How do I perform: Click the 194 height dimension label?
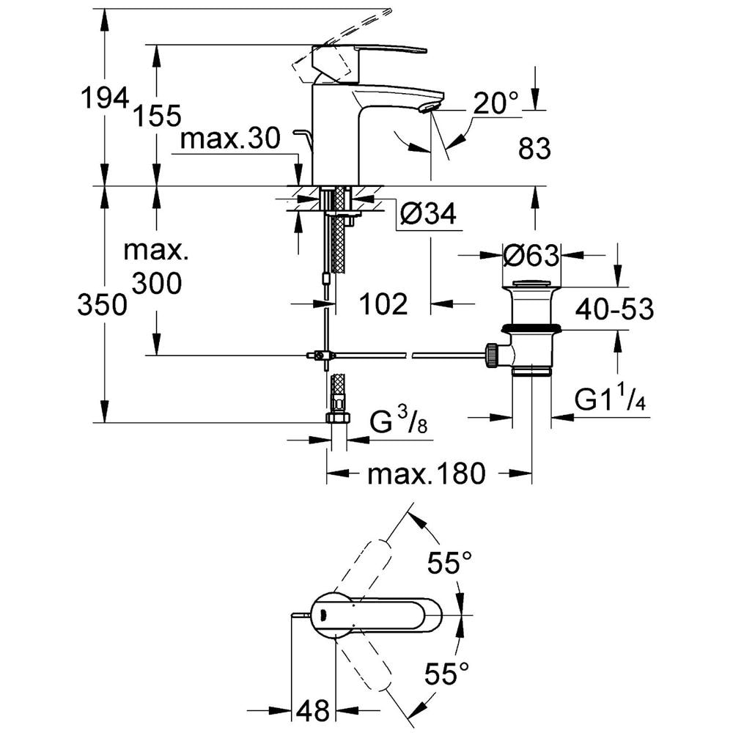click(x=103, y=97)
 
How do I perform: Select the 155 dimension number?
click(x=156, y=115)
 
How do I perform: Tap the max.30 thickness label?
click(x=230, y=139)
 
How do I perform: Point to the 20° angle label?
click(x=494, y=103)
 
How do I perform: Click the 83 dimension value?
click(x=533, y=150)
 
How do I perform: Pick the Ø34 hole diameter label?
click(x=429, y=214)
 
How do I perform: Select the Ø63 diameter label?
click(x=531, y=256)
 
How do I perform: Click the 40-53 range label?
click(x=614, y=309)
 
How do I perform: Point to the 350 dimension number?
click(x=103, y=305)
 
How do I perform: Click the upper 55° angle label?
click(x=449, y=564)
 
